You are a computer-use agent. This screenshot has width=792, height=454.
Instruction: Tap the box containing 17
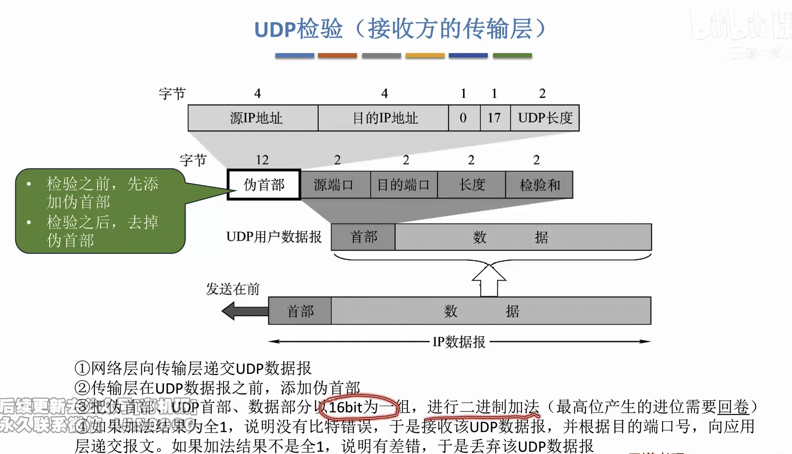pos(495,118)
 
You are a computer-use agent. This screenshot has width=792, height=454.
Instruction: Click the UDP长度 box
pos(545,118)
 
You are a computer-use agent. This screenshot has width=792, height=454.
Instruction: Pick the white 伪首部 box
pos(264,184)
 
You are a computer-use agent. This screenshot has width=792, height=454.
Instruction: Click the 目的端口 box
pos(404,184)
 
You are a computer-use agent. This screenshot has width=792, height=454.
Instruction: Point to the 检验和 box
pos(539,184)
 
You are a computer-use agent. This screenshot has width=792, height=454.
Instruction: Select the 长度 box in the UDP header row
pos(471,184)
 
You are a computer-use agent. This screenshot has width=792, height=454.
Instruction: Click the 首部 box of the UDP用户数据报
pos(363,237)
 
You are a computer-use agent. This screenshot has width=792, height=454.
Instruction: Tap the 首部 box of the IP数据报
pos(300,311)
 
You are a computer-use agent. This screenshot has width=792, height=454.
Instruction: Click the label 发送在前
pos(233,289)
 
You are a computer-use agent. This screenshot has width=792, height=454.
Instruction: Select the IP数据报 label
pos(459,342)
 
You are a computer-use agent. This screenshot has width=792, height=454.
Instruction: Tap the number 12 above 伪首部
pos(262,160)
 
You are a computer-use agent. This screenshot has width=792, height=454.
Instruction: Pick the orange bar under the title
pos(338,56)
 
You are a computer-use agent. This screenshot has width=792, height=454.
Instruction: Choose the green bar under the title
pos(512,56)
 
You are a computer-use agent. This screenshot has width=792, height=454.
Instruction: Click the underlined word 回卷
pos(733,407)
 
